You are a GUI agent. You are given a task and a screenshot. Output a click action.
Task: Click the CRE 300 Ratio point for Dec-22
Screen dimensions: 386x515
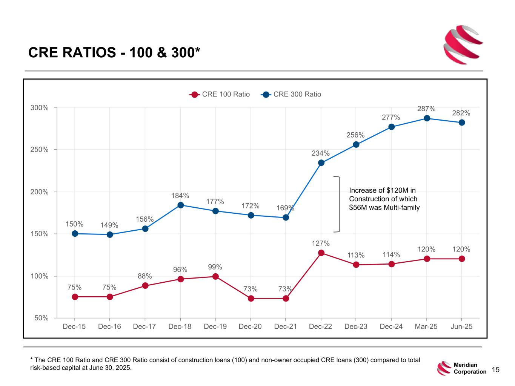pyautogui.click(x=321, y=163)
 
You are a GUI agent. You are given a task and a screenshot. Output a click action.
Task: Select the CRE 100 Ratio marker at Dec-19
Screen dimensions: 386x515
pyautogui.click(x=215, y=276)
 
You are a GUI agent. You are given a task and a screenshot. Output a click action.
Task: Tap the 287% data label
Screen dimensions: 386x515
pyautogui.click(x=426, y=109)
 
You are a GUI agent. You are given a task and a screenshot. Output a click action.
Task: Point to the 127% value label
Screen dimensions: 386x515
pyautogui.click(x=321, y=244)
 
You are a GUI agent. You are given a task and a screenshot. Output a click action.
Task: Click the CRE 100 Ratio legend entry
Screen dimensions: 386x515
pyautogui.click(x=220, y=94)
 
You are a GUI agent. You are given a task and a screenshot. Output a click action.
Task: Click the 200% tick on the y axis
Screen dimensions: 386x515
pyautogui.click(x=40, y=192)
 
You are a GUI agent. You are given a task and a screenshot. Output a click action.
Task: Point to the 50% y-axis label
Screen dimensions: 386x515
pyautogui.click(x=42, y=318)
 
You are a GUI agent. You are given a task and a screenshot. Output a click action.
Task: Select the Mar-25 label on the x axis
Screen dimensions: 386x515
pyautogui.click(x=426, y=326)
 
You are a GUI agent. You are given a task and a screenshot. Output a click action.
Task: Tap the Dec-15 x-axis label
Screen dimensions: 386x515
pyautogui.click(x=74, y=326)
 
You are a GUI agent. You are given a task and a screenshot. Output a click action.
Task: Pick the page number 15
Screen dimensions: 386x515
pyautogui.click(x=496, y=370)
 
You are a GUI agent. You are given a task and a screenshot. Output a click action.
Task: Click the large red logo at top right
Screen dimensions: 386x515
pyautogui.click(x=463, y=44)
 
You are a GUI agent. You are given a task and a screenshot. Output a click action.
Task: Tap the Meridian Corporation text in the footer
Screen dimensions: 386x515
pyautogui.click(x=470, y=368)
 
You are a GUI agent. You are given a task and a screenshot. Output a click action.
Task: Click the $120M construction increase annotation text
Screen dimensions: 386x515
pyautogui.click(x=384, y=199)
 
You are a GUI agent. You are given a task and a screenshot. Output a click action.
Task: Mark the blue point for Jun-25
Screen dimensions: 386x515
pyautogui.click(x=462, y=123)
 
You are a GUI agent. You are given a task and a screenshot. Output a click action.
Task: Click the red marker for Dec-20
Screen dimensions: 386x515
pyautogui.click(x=251, y=299)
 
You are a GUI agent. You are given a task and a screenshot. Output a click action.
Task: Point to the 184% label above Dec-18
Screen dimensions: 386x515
pyautogui.click(x=180, y=196)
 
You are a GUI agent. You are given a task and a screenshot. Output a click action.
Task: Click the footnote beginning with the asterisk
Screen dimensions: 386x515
pyautogui.click(x=225, y=364)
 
